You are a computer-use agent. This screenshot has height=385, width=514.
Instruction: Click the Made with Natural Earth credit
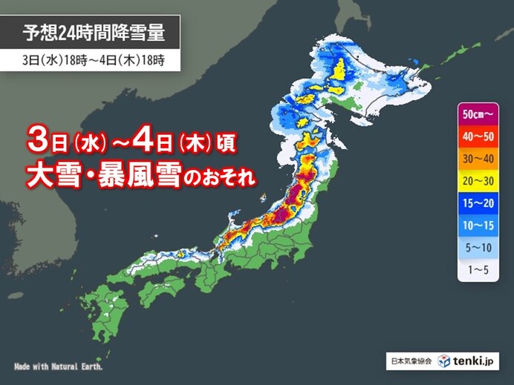58,367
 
